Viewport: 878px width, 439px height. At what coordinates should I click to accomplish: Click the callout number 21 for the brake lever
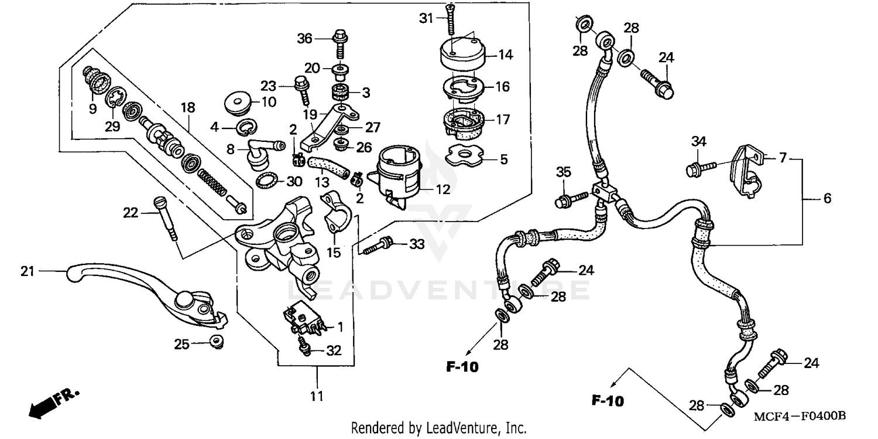pos(26,271)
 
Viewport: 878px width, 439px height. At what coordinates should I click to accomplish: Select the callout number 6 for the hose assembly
pos(826,199)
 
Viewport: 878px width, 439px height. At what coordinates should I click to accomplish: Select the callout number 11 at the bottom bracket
pos(316,397)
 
